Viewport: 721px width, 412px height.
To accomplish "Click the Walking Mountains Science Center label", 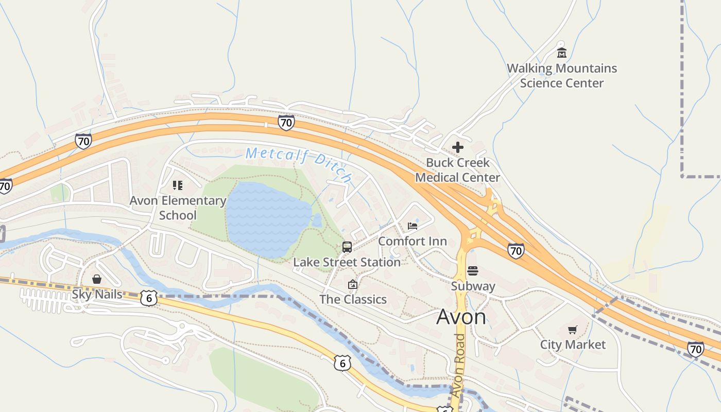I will tap(561, 76).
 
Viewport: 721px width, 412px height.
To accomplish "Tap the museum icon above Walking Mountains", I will tap(561, 53).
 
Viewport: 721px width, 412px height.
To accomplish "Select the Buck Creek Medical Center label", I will tap(457, 170).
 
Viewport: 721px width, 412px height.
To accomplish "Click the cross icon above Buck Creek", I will tap(457, 147).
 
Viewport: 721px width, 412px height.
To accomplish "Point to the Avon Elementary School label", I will tap(178, 208).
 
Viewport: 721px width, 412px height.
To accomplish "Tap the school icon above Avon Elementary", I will tap(178, 185).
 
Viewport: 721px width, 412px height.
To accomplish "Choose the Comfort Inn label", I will tap(413, 241).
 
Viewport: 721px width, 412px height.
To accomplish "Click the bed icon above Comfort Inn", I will tap(413, 226).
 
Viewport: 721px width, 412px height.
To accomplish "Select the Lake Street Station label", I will tap(347, 262).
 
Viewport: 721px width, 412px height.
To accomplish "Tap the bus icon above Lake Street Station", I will tap(347, 247).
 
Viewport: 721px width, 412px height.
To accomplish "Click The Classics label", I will tap(353, 299).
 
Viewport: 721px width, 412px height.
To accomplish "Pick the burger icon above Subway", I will tap(473, 271).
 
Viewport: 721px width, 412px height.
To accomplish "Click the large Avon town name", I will tap(461, 317).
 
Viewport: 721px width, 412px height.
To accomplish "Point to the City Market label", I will tap(573, 345).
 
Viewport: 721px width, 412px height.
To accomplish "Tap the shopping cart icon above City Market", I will tap(573, 330).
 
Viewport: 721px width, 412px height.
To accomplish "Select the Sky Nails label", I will tap(97, 295).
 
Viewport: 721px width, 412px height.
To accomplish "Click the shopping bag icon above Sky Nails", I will tap(97, 279).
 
